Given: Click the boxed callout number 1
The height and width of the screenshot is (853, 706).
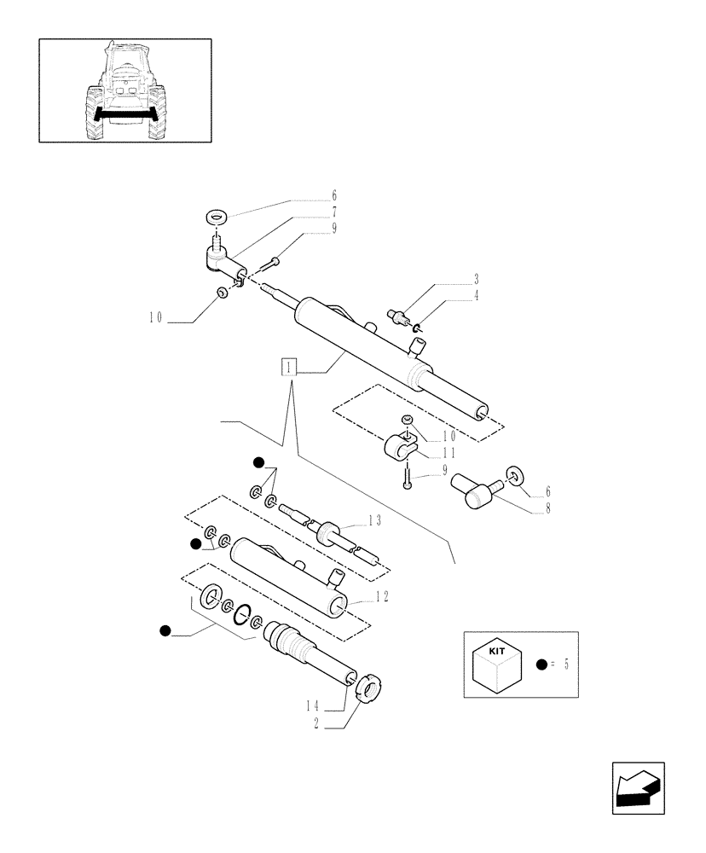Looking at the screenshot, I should point(291,368).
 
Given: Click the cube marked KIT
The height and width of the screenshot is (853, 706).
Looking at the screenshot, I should point(496,664).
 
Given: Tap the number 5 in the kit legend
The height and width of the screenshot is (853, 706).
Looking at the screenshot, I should point(564,664).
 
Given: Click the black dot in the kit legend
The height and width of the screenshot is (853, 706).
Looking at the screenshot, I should point(542,665).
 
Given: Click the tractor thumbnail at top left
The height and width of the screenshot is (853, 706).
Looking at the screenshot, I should point(124,90).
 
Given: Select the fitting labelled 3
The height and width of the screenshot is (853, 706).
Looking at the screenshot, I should point(396,318).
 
